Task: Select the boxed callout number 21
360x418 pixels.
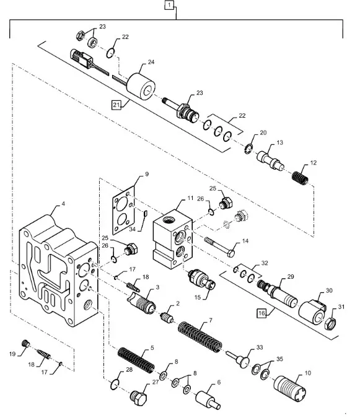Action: point(116,105)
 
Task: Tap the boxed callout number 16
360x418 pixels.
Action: point(262,314)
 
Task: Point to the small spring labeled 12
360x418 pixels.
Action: point(300,176)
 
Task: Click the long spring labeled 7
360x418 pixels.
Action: point(200,337)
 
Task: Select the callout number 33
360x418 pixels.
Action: point(260,348)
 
